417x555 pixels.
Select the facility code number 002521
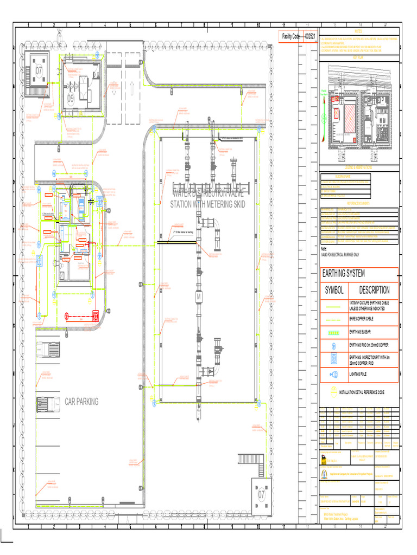[x=310, y=36]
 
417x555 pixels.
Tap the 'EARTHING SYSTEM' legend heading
[x=343, y=273]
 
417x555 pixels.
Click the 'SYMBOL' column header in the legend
[x=334, y=291]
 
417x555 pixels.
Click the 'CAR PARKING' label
[x=81, y=402]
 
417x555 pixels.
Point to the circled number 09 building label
[x=71, y=99]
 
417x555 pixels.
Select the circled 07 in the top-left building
[x=39, y=71]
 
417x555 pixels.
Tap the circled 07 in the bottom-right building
[x=262, y=494]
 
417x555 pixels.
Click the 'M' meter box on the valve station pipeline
[x=198, y=298]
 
